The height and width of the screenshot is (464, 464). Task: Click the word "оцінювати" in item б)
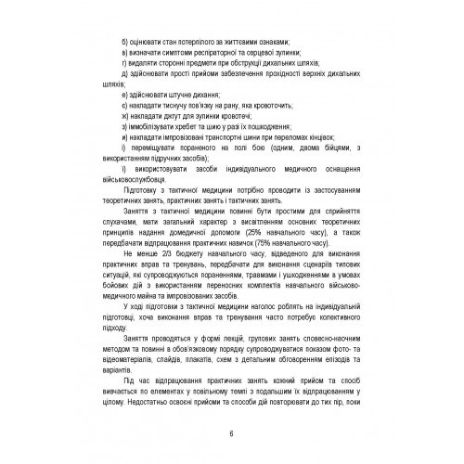[148, 43]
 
